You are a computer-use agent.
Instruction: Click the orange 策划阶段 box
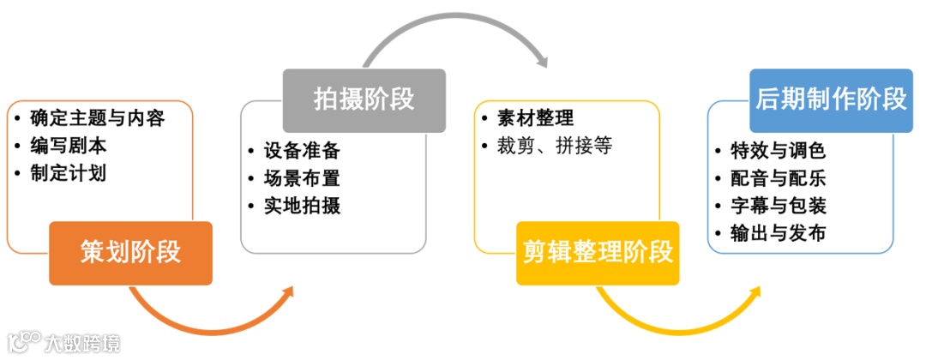pyautogui.click(x=130, y=253)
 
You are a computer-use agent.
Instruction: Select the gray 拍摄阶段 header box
pyautogui.click(x=364, y=100)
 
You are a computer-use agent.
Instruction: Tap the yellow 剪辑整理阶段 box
pyautogui.click(x=598, y=253)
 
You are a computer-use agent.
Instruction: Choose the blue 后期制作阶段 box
pyautogui.click(x=831, y=100)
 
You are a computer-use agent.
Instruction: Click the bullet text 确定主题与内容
pyautogui.click(x=97, y=118)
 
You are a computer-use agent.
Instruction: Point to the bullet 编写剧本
pyautogui.click(x=68, y=146)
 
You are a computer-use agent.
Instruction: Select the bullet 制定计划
pyautogui.click(x=68, y=173)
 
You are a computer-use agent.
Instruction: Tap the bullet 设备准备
pyautogui.click(x=302, y=151)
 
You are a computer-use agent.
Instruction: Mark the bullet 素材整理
pyautogui.click(x=535, y=118)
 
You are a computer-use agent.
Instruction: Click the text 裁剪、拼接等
pyautogui.click(x=555, y=146)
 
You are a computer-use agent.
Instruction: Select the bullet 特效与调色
pyautogui.click(x=778, y=151)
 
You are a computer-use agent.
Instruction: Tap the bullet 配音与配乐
pyautogui.click(x=778, y=178)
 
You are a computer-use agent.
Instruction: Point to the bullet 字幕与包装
pyautogui.click(x=778, y=206)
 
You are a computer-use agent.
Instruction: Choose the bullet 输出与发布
pyautogui.click(x=778, y=233)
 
